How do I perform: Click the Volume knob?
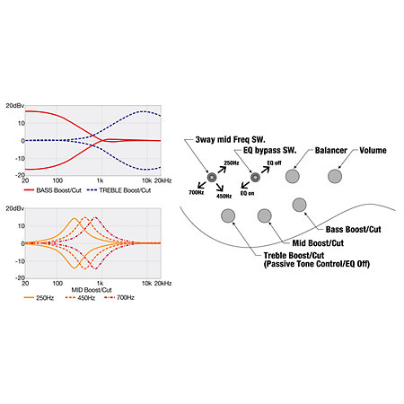335,176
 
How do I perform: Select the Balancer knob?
293,176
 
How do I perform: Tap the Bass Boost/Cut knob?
299,205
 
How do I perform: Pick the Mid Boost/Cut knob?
265,215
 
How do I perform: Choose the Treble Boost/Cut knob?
228,215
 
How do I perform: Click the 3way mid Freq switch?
212,178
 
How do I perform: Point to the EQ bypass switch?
255,178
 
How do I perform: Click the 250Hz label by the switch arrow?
232,163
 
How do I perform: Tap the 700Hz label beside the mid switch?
197,192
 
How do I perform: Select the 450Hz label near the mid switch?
224,197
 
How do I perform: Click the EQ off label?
274,162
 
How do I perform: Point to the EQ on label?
248,193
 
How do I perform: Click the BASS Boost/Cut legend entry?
53,190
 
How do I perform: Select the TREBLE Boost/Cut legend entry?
119,190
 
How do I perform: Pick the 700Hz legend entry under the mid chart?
119,298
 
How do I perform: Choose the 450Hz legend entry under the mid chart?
80,298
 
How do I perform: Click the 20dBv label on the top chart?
15,106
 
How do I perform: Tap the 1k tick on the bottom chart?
100,283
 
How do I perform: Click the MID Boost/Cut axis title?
92,290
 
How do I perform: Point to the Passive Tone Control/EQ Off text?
317,264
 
